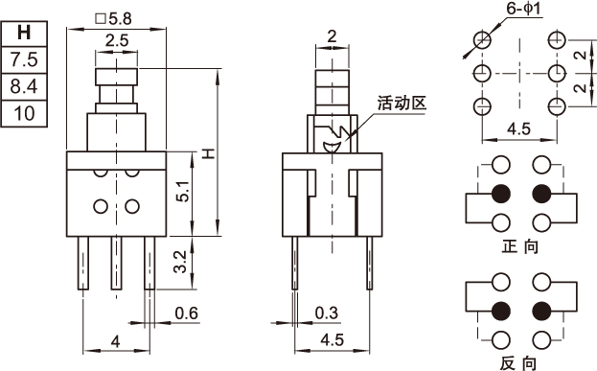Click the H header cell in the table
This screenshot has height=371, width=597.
tap(24, 34)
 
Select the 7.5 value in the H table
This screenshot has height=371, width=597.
tap(24, 59)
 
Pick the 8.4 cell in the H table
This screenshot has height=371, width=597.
tap(24, 86)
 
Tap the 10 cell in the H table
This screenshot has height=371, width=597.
tap(24, 113)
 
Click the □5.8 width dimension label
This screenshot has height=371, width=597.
tap(114, 18)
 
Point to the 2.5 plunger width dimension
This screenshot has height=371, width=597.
tap(117, 40)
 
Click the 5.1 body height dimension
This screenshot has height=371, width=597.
tap(183, 191)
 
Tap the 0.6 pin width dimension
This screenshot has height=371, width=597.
tap(187, 313)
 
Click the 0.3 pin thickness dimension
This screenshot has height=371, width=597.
tap(327, 313)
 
